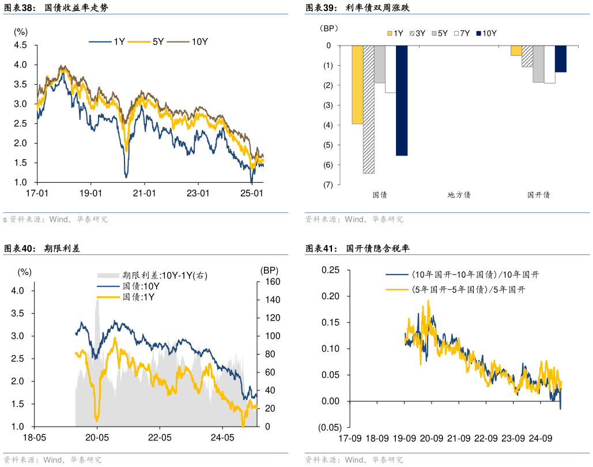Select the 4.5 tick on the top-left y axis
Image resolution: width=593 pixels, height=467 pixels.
click(x=20, y=45)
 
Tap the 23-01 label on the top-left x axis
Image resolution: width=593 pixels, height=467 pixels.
click(x=197, y=193)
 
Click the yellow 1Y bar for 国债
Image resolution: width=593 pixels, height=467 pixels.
click(x=357, y=85)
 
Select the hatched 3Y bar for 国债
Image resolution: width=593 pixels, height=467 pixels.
click(x=368, y=110)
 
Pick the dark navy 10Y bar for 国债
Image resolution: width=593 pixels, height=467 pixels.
click(x=402, y=100)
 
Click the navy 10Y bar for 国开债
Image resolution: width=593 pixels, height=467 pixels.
click(x=561, y=59)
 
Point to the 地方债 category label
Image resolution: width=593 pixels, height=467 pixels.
click(x=459, y=195)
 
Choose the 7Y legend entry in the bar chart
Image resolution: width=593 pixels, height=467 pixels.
click(x=463, y=33)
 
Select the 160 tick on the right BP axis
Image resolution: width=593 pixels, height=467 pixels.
click(x=271, y=281)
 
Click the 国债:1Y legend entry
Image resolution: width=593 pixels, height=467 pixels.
click(x=138, y=296)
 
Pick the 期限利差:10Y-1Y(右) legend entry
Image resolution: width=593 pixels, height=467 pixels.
click(x=164, y=276)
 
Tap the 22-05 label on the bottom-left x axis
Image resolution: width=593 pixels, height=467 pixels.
click(x=160, y=438)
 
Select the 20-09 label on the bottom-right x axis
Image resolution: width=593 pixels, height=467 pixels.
click(x=431, y=438)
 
